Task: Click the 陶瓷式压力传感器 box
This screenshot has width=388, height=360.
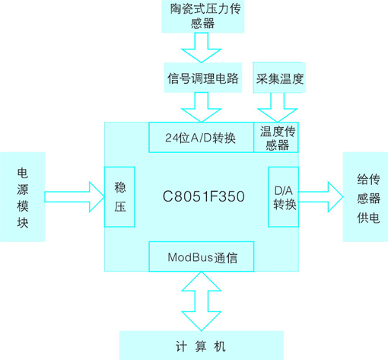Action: click(203, 16)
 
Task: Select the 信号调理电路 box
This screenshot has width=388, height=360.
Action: click(203, 78)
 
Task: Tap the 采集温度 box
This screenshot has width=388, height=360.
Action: click(279, 78)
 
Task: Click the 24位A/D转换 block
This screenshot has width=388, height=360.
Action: click(202, 137)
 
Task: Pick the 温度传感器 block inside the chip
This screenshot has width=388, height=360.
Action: click(276, 137)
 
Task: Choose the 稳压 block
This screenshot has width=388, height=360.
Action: click(119, 196)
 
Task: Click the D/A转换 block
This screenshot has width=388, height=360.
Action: click(283, 196)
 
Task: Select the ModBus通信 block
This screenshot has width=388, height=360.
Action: click(202, 256)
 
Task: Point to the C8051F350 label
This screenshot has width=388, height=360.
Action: click(204, 196)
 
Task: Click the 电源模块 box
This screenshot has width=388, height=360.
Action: click(23, 196)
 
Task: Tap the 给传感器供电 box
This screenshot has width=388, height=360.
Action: click(365, 196)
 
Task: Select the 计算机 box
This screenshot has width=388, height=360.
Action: click(202, 346)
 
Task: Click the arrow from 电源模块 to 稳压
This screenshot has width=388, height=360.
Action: click(75, 197)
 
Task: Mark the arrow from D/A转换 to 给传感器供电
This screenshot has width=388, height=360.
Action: click(321, 197)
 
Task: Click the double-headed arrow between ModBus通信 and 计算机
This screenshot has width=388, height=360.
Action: click(202, 301)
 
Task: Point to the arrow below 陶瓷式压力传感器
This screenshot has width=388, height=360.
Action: click(202, 48)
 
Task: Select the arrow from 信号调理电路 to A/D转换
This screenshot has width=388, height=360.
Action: click(202, 107)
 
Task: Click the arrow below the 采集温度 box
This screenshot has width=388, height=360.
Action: click(278, 107)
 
